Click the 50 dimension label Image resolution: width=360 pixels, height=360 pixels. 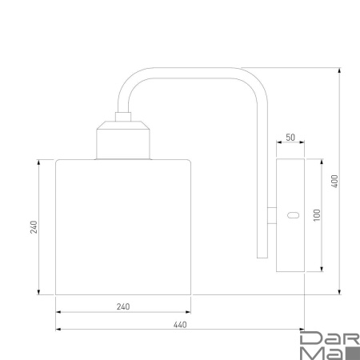(290, 138)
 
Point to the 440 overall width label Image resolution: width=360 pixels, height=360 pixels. (179, 324)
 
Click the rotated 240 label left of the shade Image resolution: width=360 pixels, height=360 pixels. (33, 226)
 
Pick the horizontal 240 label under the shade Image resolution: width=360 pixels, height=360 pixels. (123, 307)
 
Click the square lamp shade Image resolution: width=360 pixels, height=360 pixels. (123, 226)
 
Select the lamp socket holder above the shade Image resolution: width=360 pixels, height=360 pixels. (122, 141)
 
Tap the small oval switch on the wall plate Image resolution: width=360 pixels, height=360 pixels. (292, 214)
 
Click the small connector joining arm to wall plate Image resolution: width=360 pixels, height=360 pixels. (271, 214)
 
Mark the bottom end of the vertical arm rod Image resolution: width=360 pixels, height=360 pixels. (260, 258)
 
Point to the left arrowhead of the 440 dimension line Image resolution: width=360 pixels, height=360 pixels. (58, 329)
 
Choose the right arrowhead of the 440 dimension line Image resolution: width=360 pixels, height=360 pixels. (302, 329)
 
